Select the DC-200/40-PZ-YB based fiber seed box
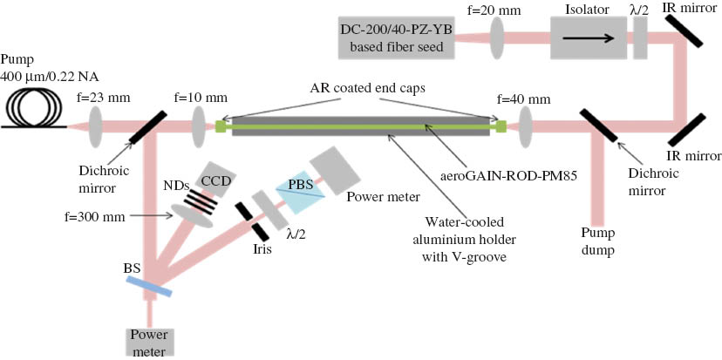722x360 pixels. [396, 38]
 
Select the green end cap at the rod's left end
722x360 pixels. [221, 127]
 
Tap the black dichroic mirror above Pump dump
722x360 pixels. [599, 127]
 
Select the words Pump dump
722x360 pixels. [601, 241]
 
